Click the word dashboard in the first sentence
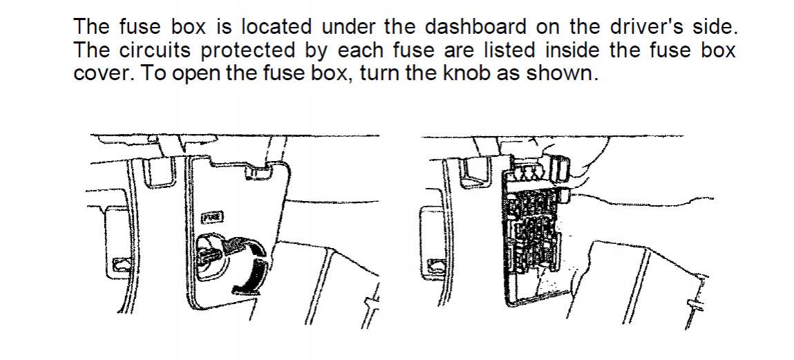click(x=475, y=27)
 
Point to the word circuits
click(x=155, y=50)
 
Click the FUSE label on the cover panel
click(x=213, y=218)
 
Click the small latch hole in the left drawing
click(x=122, y=264)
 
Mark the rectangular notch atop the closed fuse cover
click(x=257, y=173)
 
